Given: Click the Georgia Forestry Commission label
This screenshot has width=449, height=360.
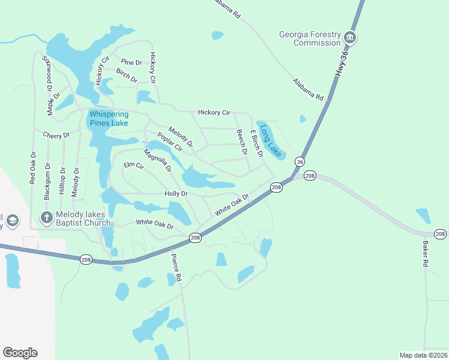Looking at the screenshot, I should (x=309, y=38).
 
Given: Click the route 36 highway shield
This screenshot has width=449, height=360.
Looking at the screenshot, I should (x=300, y=162).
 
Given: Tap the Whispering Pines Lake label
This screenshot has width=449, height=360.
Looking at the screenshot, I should (x=109, y=118).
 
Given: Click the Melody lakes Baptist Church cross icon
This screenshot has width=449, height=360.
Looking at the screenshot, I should (x=47, y=218).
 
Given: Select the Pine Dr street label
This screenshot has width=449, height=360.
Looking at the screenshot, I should (x=131, y=62).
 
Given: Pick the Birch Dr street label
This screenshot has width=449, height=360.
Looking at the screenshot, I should (x=127, y=75).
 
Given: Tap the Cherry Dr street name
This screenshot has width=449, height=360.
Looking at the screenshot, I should (x=56, y=136).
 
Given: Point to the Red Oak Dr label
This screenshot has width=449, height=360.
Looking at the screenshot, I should (x=33, y=167).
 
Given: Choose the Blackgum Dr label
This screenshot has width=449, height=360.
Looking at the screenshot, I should (x=47, y=181).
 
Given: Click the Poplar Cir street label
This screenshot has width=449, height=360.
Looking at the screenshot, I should (x=170, y=142).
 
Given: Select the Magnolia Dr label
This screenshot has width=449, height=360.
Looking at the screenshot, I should (x=157, y=160).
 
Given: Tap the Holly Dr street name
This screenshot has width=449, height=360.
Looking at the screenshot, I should (x=176, y=194).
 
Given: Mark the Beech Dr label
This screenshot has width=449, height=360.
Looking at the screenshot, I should (x=241, y=143).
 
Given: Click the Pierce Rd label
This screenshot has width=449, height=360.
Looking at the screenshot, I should (x=176, y=268).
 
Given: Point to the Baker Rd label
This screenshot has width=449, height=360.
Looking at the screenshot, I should (x=425, y=254).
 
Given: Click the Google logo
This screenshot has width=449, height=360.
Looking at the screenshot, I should (x=20, y=352).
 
